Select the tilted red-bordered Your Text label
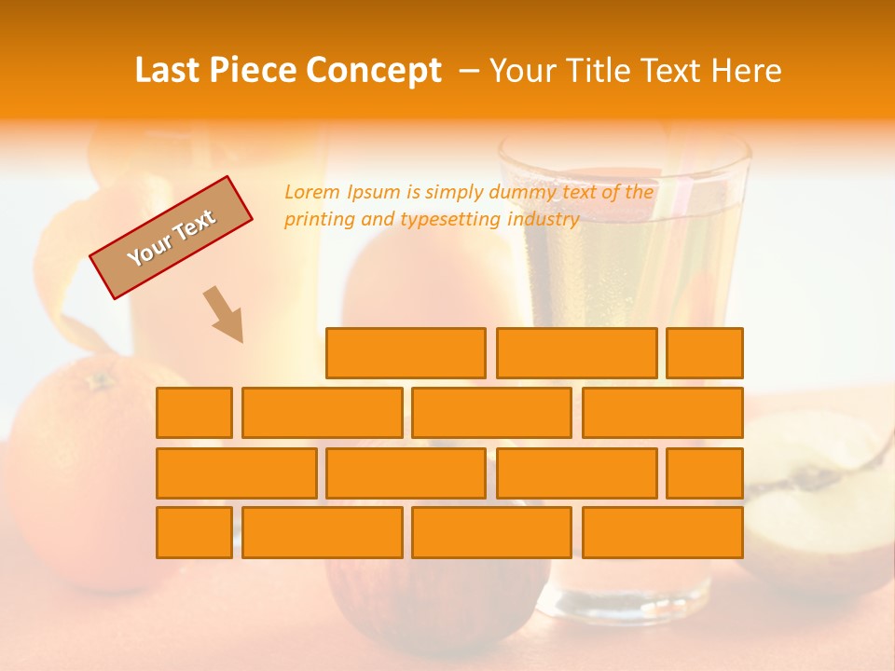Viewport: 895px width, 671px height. pyautogui.click(x=172, y=238)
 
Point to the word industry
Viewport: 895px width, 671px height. pyautogui.click(x=544, y=220)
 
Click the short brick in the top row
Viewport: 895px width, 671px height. pyautogui.click(x=705, y=353)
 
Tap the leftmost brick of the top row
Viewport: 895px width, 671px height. pyautogui.click(x=406, y=353)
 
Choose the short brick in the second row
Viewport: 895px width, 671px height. pyautogui.click(x=194, y=413)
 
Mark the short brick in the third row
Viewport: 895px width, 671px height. pyautogui.click(x=705, y=473)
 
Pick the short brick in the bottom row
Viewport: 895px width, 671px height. pyautogui.click(x=194, y=533)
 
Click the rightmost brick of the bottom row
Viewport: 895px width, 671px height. pyautogui.click(x=663, y=533)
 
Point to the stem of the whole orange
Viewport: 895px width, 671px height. pyautogui.click(x=97, y=380)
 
